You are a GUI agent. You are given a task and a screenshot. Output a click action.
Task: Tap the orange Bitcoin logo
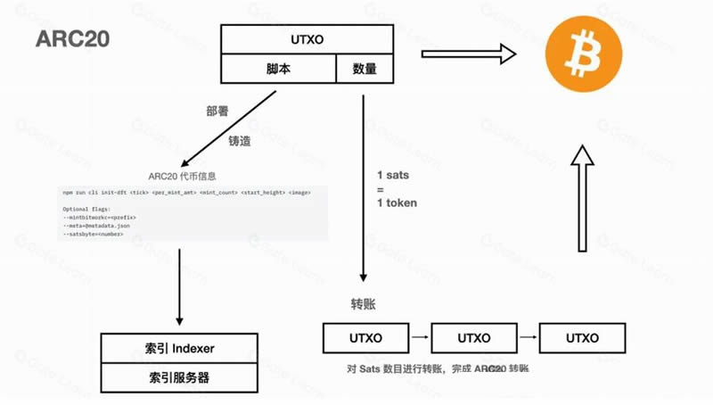point(582,56)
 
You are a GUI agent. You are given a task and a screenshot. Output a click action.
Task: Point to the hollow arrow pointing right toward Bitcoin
point(469,55)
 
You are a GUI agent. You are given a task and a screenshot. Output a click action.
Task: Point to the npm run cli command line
point(186,192)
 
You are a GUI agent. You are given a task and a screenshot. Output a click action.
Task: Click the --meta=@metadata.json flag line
point(98,226)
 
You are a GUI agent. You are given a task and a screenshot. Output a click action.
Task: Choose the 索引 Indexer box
point(180,348)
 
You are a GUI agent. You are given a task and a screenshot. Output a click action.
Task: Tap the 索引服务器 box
point(180,377)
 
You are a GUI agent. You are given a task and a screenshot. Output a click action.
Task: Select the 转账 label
point(363,304)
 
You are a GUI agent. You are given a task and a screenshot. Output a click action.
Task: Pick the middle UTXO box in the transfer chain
point(473,339)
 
